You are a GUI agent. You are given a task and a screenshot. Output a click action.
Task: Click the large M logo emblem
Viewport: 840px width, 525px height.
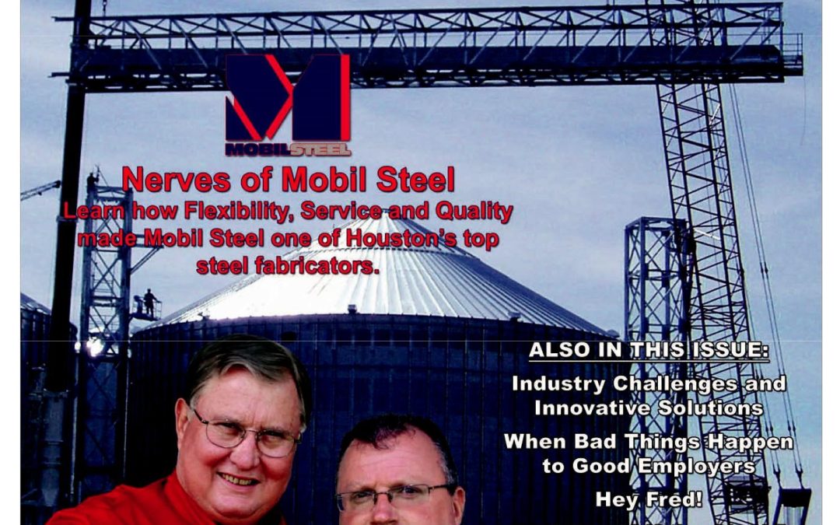click(288, 97)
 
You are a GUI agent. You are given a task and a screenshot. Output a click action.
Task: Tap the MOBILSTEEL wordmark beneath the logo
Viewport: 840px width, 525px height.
click(289, 149)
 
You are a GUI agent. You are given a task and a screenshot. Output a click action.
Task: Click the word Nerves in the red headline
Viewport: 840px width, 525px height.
click(177, 180)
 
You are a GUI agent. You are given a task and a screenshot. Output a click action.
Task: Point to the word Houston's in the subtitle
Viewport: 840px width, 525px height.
click(401, 238)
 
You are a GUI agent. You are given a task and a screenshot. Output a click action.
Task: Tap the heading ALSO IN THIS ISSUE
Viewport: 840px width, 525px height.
click(649, 350)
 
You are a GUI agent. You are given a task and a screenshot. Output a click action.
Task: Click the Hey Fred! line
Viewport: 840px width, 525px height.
click(649, 500)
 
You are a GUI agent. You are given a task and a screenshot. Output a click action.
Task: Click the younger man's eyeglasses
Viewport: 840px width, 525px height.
click(395, 498)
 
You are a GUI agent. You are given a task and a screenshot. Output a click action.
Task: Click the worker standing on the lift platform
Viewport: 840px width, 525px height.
click(149, 302)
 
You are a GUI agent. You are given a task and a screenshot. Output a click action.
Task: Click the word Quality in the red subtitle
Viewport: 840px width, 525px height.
click(474, 212)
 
